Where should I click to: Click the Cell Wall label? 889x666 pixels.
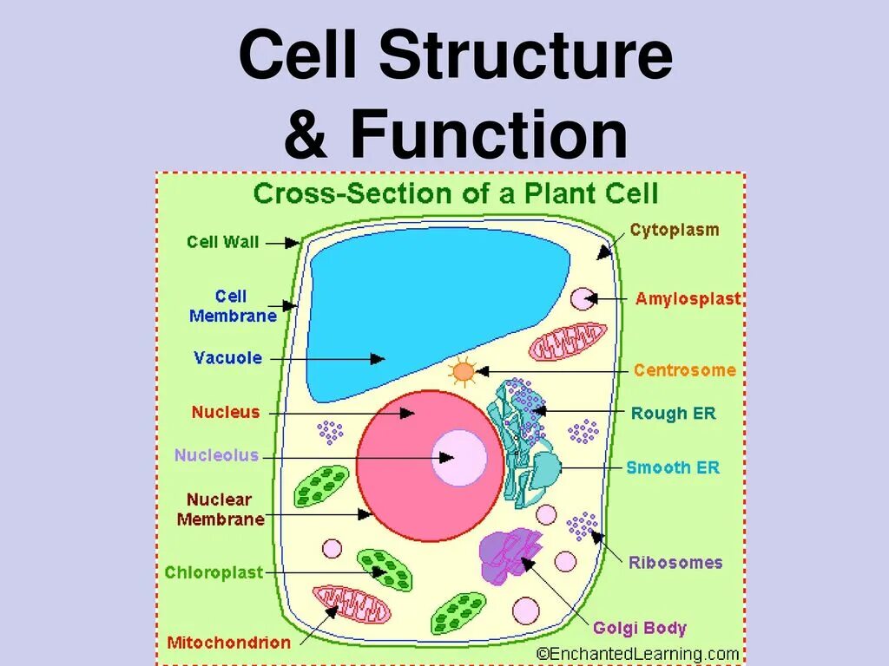(x=223, y=242)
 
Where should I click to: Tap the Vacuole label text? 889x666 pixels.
(x=227, y=357)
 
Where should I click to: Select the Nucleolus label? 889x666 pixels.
(x=216, y=455)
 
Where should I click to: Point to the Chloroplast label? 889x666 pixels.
(x=214, y=572)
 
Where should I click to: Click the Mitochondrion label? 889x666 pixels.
(x=228, y=643)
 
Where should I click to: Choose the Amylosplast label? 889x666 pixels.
(x=688, y=299)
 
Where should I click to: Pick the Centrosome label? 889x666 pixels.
(x=684, y=370)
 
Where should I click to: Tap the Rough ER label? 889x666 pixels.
(x=674, y=414)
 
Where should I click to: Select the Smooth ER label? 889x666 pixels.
(x=673, y=468)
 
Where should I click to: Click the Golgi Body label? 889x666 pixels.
(x=640, y=628)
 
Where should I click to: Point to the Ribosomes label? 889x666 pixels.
(x=675, y=562)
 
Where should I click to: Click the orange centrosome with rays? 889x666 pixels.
(x=464, y=372)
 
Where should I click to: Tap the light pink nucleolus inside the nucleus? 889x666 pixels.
(x=459, y=457)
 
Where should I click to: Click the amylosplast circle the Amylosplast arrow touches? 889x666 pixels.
(x=581, y=299)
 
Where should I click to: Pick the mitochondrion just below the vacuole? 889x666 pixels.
(x=568, y=342)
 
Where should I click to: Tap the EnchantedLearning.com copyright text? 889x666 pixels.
(x=637, y=654)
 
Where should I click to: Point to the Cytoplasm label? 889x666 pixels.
(x=674, y=230)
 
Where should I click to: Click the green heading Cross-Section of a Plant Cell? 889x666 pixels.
(x=456, y=193)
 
